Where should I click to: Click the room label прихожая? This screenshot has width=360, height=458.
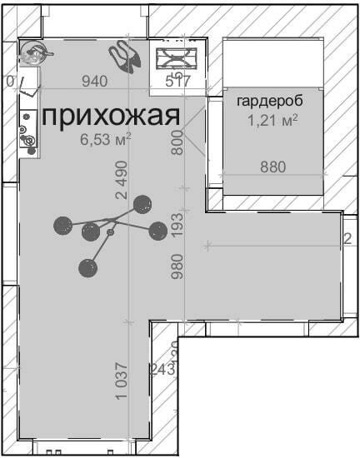click(110, 116)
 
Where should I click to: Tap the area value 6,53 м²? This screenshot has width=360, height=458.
click(105, 140)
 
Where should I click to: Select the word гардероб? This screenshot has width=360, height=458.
click(269, 102)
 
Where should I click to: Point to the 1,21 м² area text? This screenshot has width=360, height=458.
click(272, 121)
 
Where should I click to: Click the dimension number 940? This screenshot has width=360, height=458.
click(95, 81)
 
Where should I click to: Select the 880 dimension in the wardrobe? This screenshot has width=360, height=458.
click(272, 167)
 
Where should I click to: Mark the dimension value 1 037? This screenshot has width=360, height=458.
click(122, 381)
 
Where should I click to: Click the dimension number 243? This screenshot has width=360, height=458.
click(162, 369)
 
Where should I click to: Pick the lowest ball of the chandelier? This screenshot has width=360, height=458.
click(87, 267)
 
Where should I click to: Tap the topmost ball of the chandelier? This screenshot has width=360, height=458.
click(142, 203)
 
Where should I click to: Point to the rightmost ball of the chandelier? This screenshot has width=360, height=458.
click(157, 231)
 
